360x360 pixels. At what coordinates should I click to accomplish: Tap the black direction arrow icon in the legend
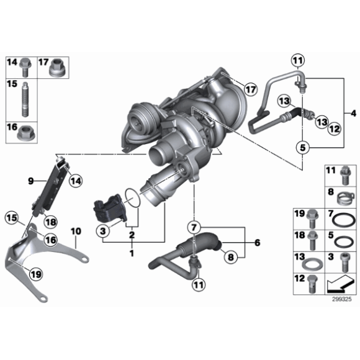point(340,284)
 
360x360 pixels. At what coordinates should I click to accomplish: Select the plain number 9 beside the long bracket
point(29,181)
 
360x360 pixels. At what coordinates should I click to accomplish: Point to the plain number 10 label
point(75,232)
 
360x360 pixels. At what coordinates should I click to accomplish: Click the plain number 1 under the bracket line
point(131,253)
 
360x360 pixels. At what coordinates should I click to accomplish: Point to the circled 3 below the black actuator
point(104,231)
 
